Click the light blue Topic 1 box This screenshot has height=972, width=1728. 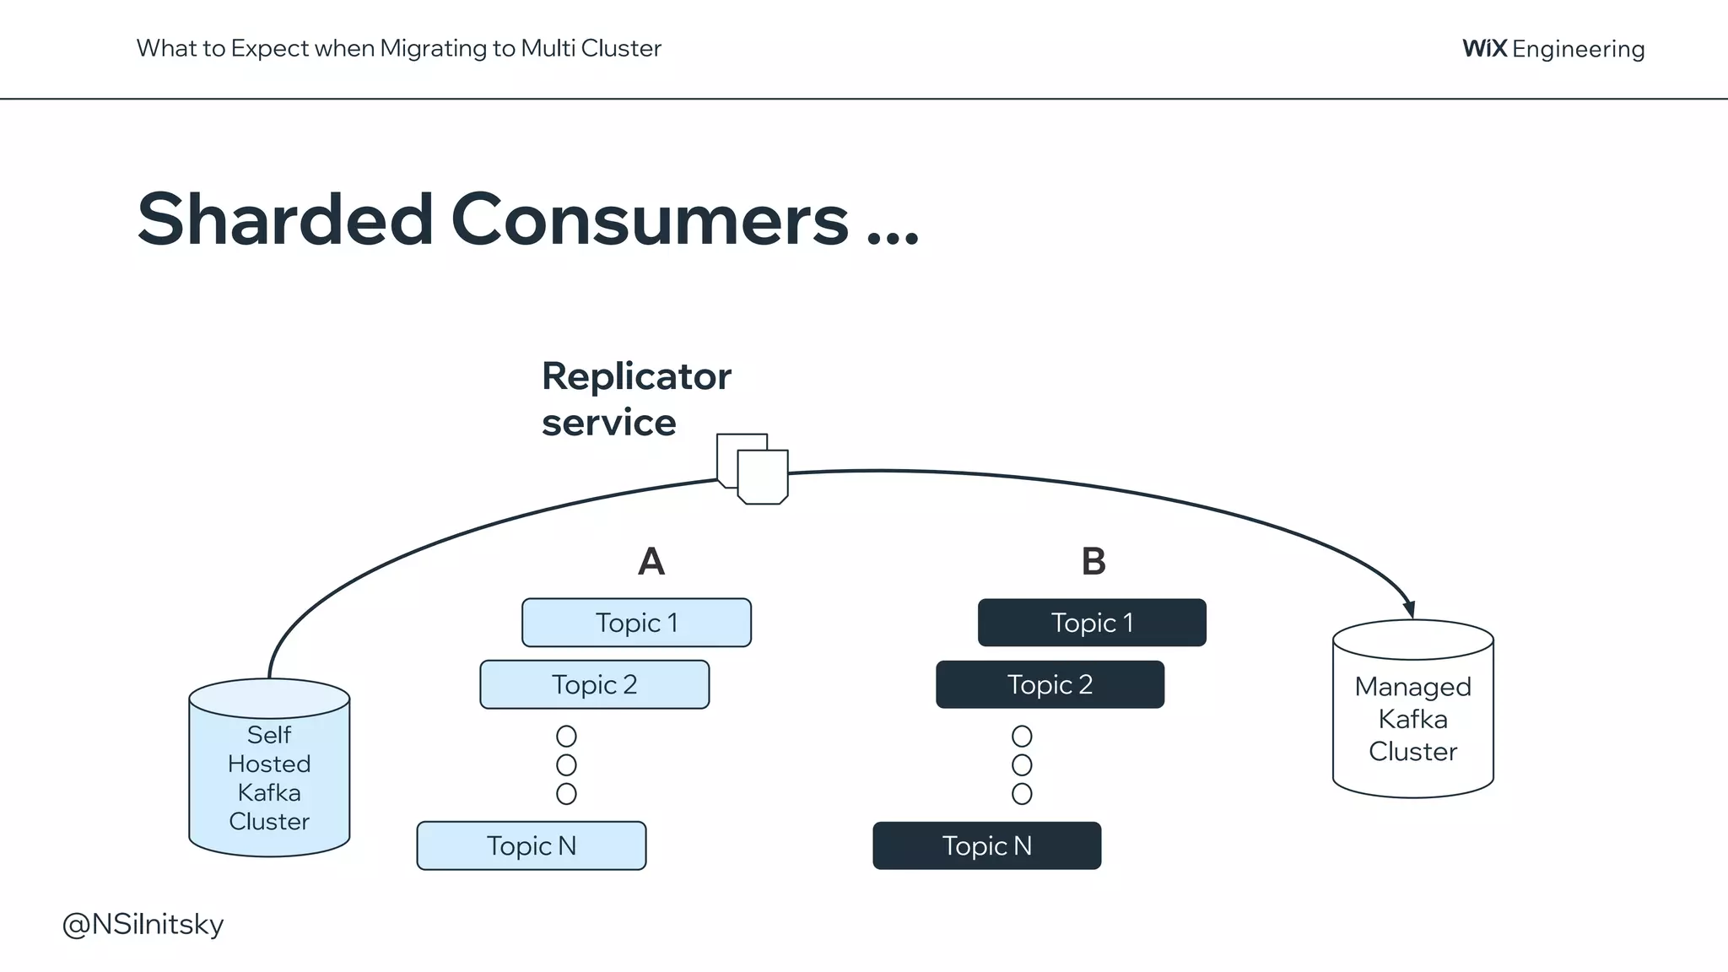[636, 623]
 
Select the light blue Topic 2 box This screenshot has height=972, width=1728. [594, 684]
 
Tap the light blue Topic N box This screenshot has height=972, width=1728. [531, 845]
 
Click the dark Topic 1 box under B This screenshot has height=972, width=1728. [1092, 623]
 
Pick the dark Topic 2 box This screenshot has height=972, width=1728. [1050, 684]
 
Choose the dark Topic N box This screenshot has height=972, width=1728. [986, 845]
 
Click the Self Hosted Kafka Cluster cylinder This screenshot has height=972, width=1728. [269, 768]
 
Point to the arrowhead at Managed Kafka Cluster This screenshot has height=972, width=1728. [1409, 609]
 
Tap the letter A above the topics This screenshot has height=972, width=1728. [651, 562]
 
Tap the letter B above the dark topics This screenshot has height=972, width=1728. [1093, 562]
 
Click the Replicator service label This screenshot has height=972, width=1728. [635, 399]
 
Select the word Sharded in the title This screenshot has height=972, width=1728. [285, 219]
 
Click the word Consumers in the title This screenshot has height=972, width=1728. [650, 219]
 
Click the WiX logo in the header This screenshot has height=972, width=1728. [1484, 48]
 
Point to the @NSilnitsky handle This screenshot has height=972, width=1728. [143, 925]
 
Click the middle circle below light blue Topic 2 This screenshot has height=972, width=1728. [566, 765]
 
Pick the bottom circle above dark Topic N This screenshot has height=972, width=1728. [1022, 794]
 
